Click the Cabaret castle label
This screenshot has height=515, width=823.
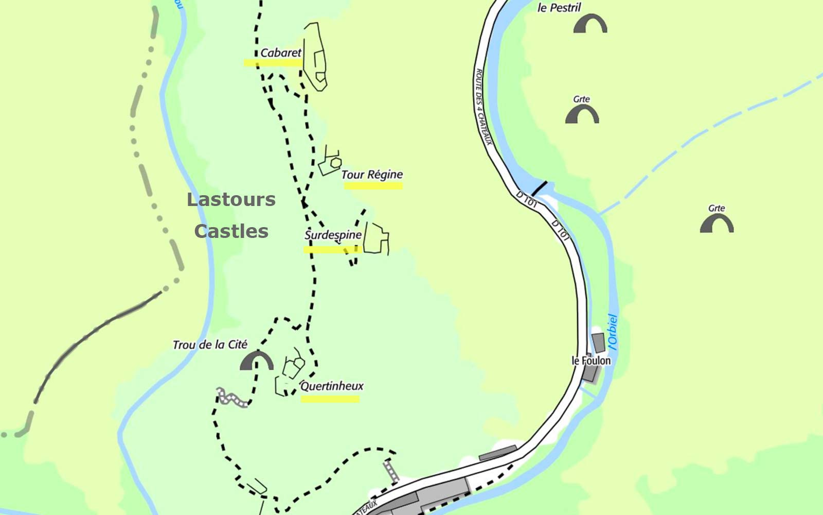coord(280,53)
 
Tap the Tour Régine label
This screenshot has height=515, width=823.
coord(372,175)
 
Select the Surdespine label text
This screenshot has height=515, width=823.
coord(333,235)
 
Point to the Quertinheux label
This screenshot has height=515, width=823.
coord(332,386)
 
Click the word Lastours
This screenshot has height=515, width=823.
coord(231,199)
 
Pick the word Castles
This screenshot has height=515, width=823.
coord(231,231)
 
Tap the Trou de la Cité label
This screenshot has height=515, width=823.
coord(210,345)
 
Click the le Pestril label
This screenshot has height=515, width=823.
coord(559,8)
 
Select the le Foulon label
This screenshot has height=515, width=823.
coord(591,360)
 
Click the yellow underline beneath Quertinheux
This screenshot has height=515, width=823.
coord(330,399)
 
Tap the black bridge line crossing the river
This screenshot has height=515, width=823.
coord(539,188)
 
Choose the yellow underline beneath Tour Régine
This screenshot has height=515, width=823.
coord(373,186)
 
